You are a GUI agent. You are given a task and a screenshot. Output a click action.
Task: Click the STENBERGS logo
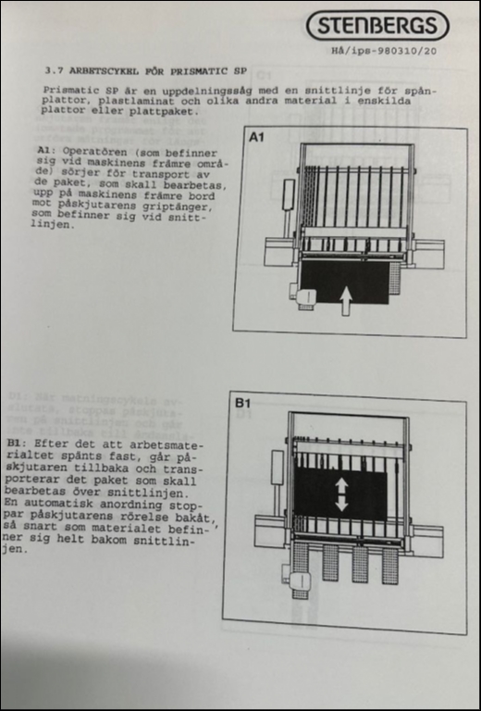(x=377, y=25)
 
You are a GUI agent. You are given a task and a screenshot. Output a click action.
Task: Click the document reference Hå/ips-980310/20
(x=384, y=51)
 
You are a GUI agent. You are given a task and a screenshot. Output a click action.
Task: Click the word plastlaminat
(x=134, y=101)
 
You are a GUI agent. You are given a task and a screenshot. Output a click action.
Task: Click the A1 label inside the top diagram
(x=256, y=136)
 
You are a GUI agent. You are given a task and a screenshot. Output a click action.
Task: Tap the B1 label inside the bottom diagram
(x=242, y=402)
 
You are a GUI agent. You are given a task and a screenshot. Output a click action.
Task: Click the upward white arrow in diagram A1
(x=346, y=300)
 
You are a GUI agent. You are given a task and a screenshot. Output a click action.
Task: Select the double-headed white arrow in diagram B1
(x=341, y=494)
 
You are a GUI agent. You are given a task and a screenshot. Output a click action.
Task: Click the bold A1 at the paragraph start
(x=43, y=151)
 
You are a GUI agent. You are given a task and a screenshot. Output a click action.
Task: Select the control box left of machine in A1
(x=289, y=194)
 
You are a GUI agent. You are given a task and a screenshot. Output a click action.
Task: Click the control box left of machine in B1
(x=277, y=467)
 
